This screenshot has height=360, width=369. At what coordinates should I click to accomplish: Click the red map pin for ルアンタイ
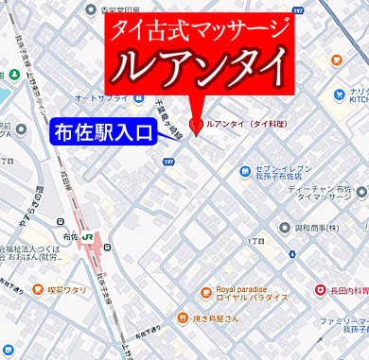point(196,124)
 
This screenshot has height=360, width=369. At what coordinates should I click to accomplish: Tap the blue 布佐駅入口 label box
point(102,131)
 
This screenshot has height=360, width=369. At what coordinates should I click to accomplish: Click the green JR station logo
point(87,236)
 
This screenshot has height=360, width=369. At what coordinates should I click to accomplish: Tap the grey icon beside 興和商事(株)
point(288,229)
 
